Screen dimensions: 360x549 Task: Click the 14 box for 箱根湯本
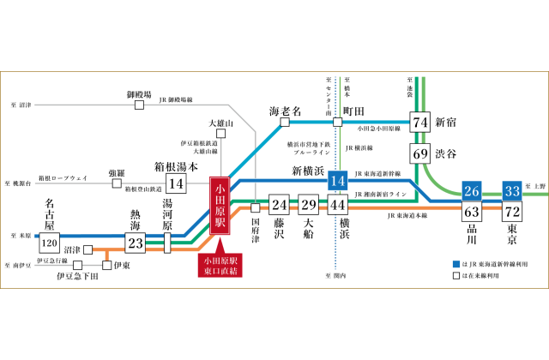177,183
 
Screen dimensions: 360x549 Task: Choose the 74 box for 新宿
420,123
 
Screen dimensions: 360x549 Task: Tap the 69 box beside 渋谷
420,154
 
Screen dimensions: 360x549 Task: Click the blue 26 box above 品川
471,191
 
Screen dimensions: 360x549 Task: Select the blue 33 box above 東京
512,191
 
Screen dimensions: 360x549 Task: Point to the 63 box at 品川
471,212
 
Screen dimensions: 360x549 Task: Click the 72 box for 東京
512,212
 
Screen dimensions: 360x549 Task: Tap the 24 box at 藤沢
278,205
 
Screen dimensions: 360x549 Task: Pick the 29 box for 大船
308,205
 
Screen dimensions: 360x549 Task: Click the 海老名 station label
285,111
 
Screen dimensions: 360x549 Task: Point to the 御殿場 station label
139,93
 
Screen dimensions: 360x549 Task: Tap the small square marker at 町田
337,122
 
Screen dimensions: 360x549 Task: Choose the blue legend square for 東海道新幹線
455,264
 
